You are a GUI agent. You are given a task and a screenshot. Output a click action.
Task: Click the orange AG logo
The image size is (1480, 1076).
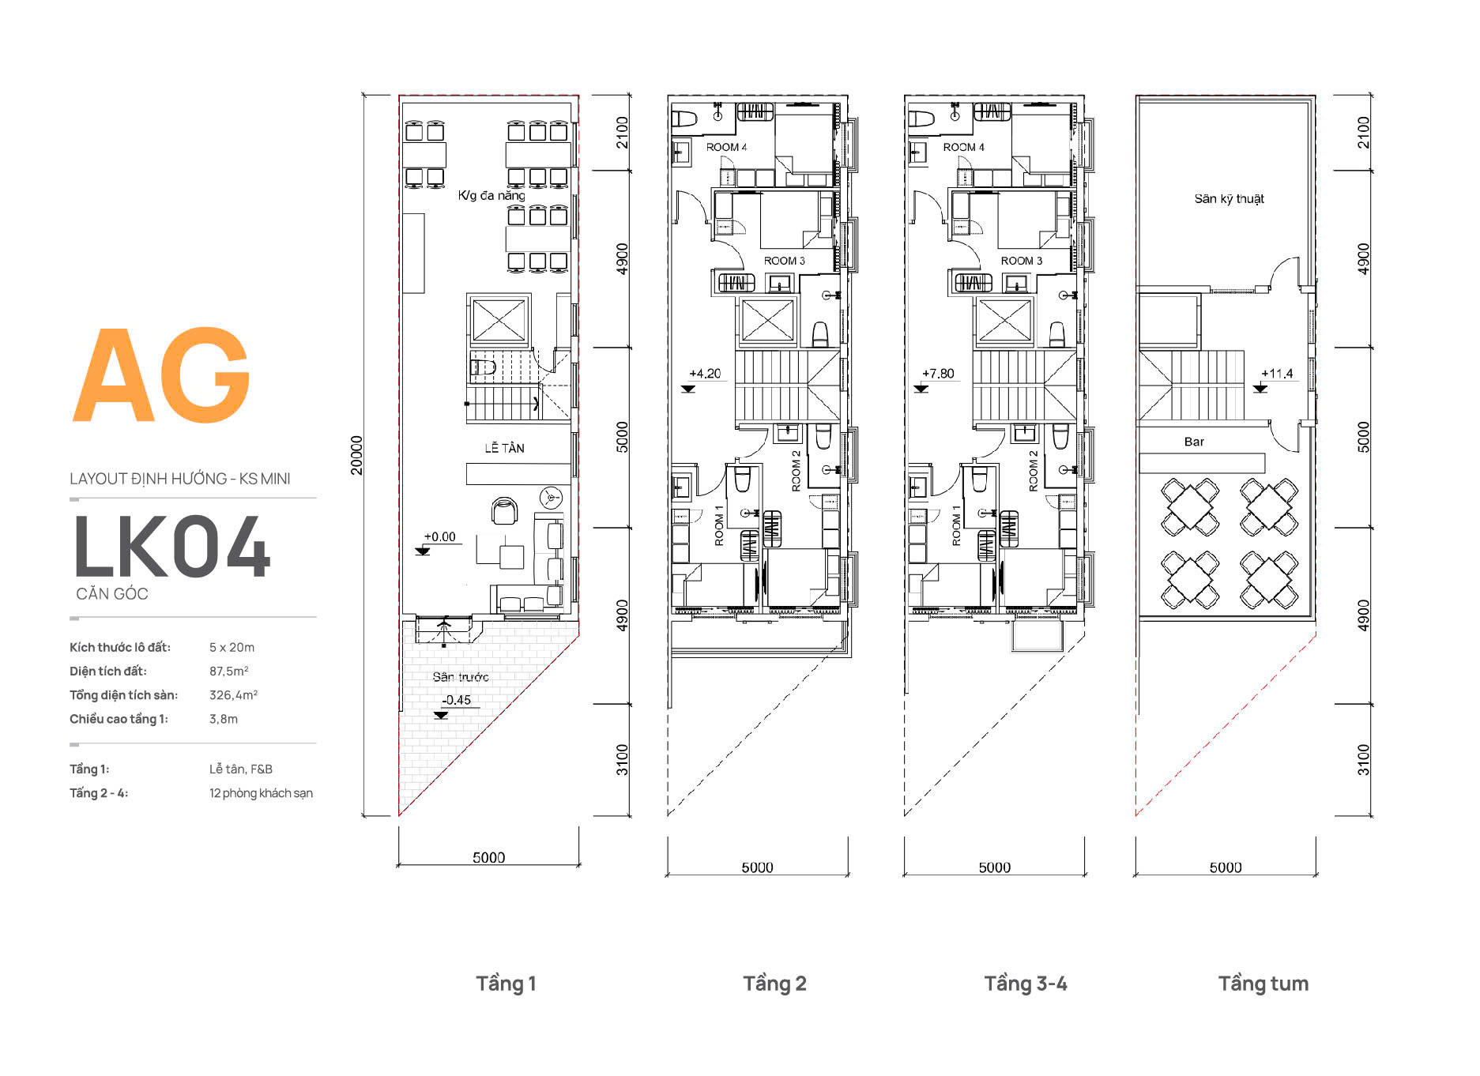click(x=162, y=375)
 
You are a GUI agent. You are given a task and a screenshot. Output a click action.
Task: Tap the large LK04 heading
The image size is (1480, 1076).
click(x=172, y=547)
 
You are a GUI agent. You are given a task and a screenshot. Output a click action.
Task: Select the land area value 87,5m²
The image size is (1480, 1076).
click(x=229, y=672)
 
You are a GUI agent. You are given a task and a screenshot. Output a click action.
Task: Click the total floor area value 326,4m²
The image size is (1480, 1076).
click(x=233, y=695)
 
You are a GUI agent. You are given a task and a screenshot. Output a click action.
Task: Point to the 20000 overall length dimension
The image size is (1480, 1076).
click(x=356, y=455)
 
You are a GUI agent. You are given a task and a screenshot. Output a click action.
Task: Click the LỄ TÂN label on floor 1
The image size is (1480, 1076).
click(x=504, y=448)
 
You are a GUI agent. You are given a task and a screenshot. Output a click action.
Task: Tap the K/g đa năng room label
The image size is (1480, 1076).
click(x=491, y=195)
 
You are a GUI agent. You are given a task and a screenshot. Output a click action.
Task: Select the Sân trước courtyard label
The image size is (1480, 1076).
click(x=461, y=677)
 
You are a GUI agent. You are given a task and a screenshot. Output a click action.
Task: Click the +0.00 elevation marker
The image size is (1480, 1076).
click(x=440, y=537)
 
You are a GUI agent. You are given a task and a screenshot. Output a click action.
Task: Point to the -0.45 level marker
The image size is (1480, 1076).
click(x=456, y=700)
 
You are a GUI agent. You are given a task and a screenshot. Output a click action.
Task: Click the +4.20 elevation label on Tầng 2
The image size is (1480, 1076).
click(x=705, y=374)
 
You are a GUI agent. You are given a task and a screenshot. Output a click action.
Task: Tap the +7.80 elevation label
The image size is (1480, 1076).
click(x=938, y=374)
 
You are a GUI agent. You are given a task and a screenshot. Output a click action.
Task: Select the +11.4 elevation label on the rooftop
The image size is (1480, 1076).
click(x=1277, y=374)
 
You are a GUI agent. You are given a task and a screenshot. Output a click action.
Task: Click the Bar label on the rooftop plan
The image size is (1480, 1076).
click(x=1194, y=442)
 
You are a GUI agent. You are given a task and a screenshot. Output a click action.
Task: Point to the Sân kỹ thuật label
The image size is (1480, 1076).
click(x=1229, y=199)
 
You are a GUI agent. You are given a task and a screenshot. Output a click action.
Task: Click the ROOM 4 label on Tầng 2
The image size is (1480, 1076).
click(x=726, y=147)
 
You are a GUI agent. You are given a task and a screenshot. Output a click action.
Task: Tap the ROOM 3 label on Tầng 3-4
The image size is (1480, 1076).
click(x=1022, y=261)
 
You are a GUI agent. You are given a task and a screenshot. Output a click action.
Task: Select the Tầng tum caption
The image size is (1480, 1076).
click(x=1263, y=984)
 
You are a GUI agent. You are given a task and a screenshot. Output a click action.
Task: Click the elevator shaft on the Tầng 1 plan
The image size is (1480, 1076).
click(x=498, y=321)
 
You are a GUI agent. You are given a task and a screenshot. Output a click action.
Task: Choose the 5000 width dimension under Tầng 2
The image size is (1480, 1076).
click(x=757, y=867)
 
